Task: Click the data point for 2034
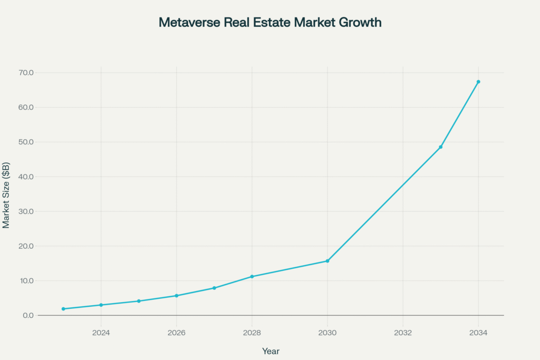point(478,82)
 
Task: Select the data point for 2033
point(440,147)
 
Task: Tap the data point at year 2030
point(327,261)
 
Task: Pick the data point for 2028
point(252,277)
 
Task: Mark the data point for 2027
point(214,288)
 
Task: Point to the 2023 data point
point(63,309)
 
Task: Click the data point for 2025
point(139,301)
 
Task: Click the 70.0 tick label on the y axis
point(25,73)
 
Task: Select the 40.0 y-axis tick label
point(25,177)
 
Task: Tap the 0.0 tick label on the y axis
point(27,316)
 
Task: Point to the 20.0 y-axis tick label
point(25,246)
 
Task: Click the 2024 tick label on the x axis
point(101,333)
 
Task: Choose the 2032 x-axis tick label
point(403,333)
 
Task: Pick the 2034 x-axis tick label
point(478,333)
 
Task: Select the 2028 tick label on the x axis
point(252,333)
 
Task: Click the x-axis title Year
point(271,351)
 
